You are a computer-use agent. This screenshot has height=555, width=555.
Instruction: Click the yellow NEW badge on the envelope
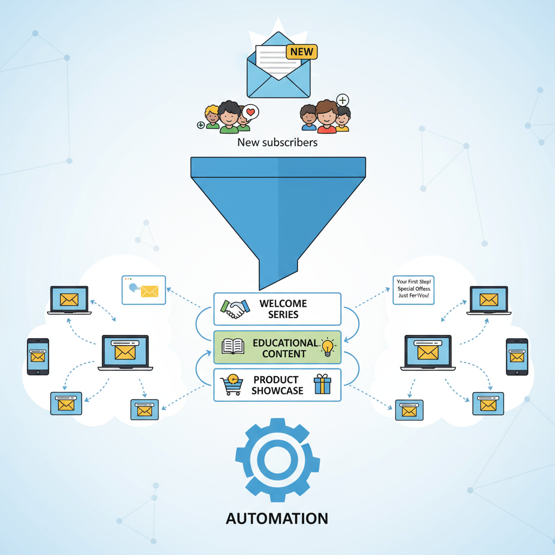(x=302, y=52)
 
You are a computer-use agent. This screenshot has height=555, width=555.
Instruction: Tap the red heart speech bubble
(x=250, y=112)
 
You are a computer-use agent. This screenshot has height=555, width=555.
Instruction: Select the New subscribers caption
(x=277, y=143)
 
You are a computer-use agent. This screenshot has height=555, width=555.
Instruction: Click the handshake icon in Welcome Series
(x=235, y=309)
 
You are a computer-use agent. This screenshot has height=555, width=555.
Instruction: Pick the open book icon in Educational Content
(x=233, y=347)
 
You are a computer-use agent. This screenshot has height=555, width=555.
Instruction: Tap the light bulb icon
(x=328, y=347)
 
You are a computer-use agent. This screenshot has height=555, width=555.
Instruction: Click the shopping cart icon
(x=231, y=385)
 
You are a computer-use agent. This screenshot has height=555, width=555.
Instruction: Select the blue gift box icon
(x=322, y=385)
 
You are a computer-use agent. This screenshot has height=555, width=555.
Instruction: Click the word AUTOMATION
(x=277, y=518)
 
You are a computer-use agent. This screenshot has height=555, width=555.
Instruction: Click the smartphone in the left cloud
(x=38, y=357)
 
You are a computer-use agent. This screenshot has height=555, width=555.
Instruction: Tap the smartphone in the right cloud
(x=517, y=357)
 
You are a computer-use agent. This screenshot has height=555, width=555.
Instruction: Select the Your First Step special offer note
(x=413, y=289)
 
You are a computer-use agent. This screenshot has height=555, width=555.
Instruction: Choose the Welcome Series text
(x=283, y=309)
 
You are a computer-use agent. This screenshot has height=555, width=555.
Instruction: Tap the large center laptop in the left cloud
(x=125, y=353)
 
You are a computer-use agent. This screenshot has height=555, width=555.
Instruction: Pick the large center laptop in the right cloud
(x=428, y=353)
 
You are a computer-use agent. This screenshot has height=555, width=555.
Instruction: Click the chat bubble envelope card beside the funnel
(x=144, y=290)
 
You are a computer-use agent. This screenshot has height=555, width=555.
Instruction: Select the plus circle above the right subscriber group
(x=343, y=100)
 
